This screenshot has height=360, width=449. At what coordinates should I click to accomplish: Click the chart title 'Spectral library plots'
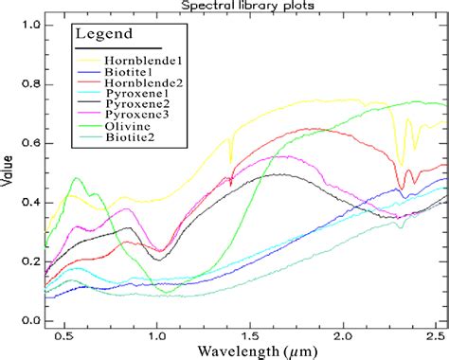pyautogui.click(x=248, y=7)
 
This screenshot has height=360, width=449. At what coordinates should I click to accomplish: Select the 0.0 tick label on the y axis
pyautogui.click(x=31, y=321)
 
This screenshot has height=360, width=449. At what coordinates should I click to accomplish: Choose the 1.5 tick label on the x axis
pyautogui.click(x=250, y=334)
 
